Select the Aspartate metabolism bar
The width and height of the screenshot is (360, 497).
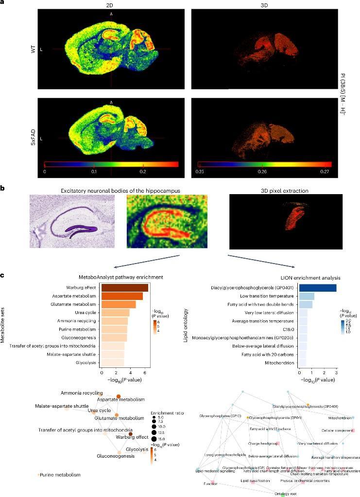click(122, 296)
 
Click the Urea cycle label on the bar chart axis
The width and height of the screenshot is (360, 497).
click(87, 313)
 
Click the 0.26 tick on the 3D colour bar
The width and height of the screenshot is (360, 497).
click(261, 172)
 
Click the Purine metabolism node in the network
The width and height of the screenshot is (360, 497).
click(38, 475)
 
